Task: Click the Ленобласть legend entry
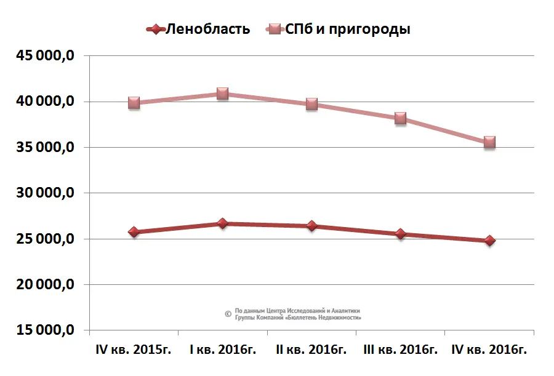199,29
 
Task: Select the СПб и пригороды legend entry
338,29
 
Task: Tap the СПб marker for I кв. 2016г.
222,94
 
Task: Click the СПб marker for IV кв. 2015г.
134,103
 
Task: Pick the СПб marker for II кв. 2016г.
311,104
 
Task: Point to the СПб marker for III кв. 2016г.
401,118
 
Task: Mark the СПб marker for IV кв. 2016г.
489,142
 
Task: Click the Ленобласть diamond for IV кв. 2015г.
134,232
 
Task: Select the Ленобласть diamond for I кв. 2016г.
222,223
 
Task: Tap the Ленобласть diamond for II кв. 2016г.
311,226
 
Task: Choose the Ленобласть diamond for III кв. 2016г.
401,234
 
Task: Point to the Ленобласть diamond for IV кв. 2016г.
489,241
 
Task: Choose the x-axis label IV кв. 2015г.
134,350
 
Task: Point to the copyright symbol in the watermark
228,314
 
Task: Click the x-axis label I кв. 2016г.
222,350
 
